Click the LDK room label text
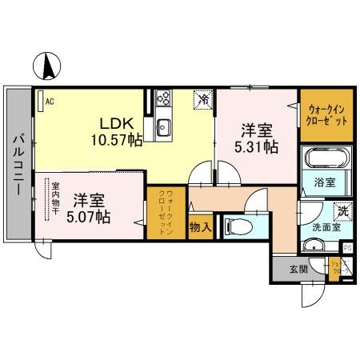click(x=116, y=124)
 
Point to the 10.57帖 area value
click(x=116, y=141)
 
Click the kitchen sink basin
click(x=165, y=126)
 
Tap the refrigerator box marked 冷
click(x=205, y=99)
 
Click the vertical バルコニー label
click(x=16, y=168)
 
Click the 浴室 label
click(x=325, y=182)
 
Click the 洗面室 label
click(x=325, y=226)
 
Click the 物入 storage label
click(x=201, y=226)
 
